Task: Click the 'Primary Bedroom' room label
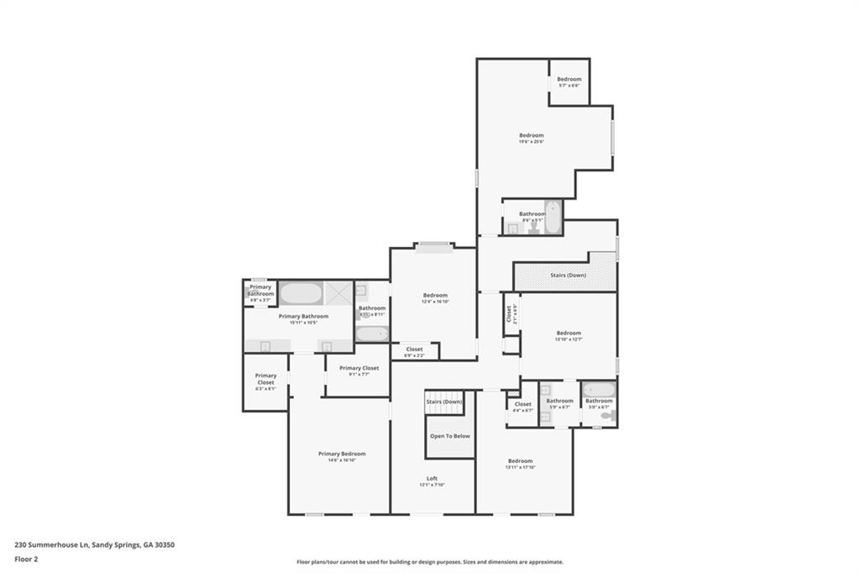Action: pos(342,455)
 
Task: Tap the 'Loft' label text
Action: pos(432,479)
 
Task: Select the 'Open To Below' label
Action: pos(450,436)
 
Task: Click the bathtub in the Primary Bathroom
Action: pos(301,293)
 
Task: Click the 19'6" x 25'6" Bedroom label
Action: pos(531,136)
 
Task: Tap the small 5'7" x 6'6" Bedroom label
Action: pos(569,80)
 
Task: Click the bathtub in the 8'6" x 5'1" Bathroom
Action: pos(553,217)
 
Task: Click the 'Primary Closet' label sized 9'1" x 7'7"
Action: pos(359,369)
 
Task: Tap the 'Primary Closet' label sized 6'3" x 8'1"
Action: pos(265,380)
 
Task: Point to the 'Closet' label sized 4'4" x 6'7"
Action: pos(522,405)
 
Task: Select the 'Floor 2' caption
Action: pos(27,558)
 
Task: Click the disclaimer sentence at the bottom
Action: pos(429,562)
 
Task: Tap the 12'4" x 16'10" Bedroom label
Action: pos(435,296)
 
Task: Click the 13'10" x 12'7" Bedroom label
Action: pos(568,334)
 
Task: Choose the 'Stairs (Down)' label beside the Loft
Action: pos(444,402)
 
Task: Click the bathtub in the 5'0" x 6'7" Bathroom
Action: pos(598,389)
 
